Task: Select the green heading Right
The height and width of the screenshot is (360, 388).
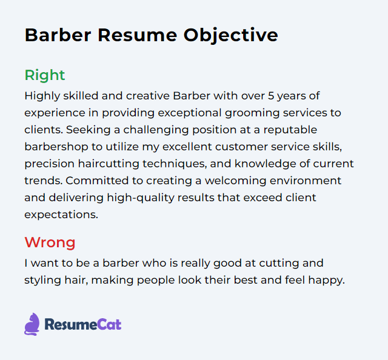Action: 45,75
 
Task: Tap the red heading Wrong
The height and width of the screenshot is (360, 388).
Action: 50,243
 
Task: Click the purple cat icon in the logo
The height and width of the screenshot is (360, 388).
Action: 32,324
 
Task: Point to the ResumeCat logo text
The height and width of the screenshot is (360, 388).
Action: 82,325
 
